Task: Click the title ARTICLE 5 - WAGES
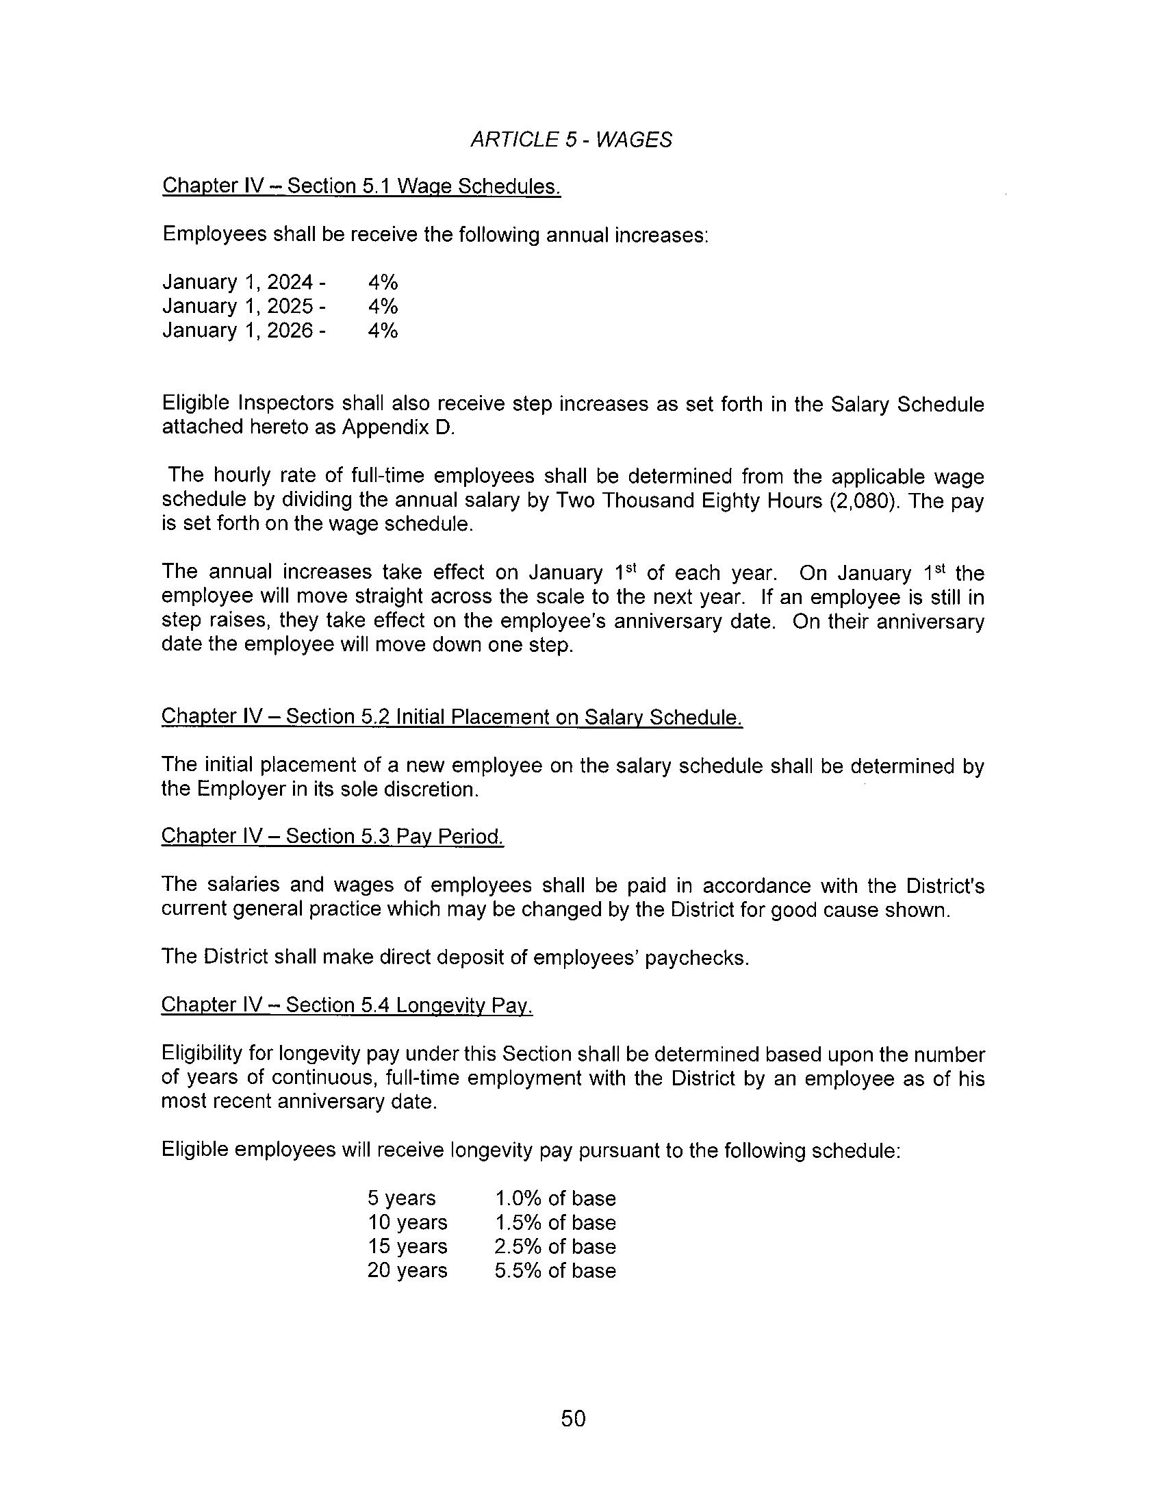pyautogui.click(x=571, y=140)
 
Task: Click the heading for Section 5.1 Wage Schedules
pyautogui.click(x=361, y=186)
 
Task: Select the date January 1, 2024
pyautogui.click(x=238, y=282)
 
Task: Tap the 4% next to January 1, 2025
pyautogui.click(x=383, y=306)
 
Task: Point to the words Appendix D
pyautogui.click(x=398, y=427)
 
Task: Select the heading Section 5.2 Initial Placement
pyautogui.click(x=451, y=716)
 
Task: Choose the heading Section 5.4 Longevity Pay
pyautogui.click(x=347, y=1005)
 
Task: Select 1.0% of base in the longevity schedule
pyautogui.click(x=555, y=1198)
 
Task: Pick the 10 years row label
pyautogui.click(x=407, y=1222)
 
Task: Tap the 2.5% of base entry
pyautogui.click(x=555, y=1246)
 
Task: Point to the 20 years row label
pyautogui.click(x=407, y=1270)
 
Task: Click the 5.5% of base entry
pyautogui.click(x=555, y=1270)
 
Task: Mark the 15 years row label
pyautogui.click(x=407, y=1246)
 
